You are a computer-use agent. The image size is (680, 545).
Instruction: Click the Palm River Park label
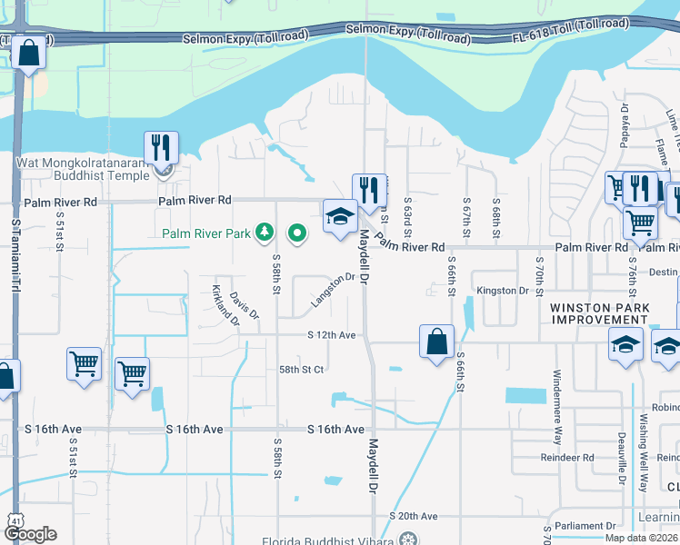pyautogui.click(x=206, y=233)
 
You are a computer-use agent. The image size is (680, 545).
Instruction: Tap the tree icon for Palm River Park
pyautogui.click(x=265, y=233)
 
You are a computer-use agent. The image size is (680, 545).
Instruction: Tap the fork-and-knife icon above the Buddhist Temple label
pyautogui.click(x=161, y=147)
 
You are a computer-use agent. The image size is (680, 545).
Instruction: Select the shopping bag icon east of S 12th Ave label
pyautogui.click(x=436, y=342)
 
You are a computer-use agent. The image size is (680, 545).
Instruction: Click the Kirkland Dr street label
pyautogui.click(x=224, y=305)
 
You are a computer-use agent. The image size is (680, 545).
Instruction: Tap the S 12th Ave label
pyautogui.click(x=331, y=335)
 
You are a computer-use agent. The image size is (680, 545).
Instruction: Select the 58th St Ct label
pyautogui.click(x=302, y=370)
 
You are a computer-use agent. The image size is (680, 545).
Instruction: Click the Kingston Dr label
pyautogui.click(x=503, y=291)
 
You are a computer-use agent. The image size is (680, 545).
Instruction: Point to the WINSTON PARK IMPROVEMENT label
pyautogui.click(x=599, y=314)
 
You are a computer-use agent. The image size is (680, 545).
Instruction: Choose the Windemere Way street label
pyautogui.click(x=557, y=405)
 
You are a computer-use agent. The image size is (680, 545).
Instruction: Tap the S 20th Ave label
pyautogui.click(x=414, y=516)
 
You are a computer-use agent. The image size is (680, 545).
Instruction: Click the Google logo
pyautogui.click(x=29, y=534)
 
